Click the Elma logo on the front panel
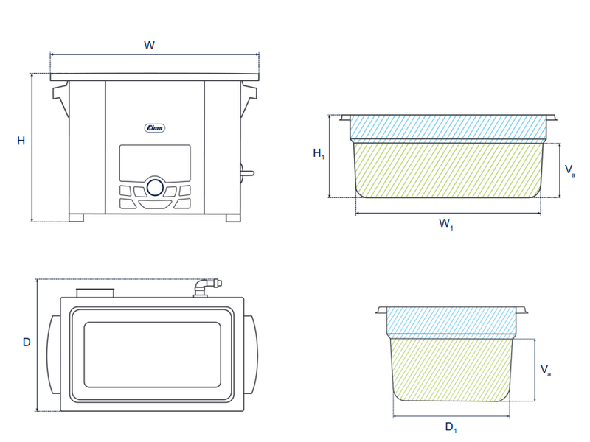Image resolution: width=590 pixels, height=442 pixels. coord(155,128)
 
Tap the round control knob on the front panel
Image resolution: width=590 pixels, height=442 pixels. coord(155,187)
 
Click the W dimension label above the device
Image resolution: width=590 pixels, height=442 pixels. coord(150,46)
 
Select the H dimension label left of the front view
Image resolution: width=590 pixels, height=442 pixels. coord(21,141)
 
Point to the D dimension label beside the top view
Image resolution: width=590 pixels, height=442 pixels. coord(27,342)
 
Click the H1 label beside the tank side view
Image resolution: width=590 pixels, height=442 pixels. coord(319,153)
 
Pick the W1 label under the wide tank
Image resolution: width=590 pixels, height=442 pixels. coord(446,224)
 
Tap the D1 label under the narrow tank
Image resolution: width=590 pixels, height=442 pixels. coord(451,427)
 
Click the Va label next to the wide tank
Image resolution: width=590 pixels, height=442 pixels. coord(569,170)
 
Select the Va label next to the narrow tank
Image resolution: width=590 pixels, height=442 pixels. coord(546,370)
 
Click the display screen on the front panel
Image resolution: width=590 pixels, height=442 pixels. coord(155,163)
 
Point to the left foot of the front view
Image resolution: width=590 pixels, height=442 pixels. coord(76,218)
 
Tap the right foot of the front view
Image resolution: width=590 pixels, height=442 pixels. coord(233,218)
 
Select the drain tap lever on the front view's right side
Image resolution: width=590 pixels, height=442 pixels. coord(247,173)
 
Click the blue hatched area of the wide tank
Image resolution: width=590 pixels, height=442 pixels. coord(448,127)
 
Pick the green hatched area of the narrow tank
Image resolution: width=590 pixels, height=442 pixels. coord(451,369)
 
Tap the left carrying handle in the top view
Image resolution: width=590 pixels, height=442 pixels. coord(54,355)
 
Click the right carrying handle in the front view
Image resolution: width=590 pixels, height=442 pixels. coord(249,99)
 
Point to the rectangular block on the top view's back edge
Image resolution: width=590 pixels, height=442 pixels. coord(95,293)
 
